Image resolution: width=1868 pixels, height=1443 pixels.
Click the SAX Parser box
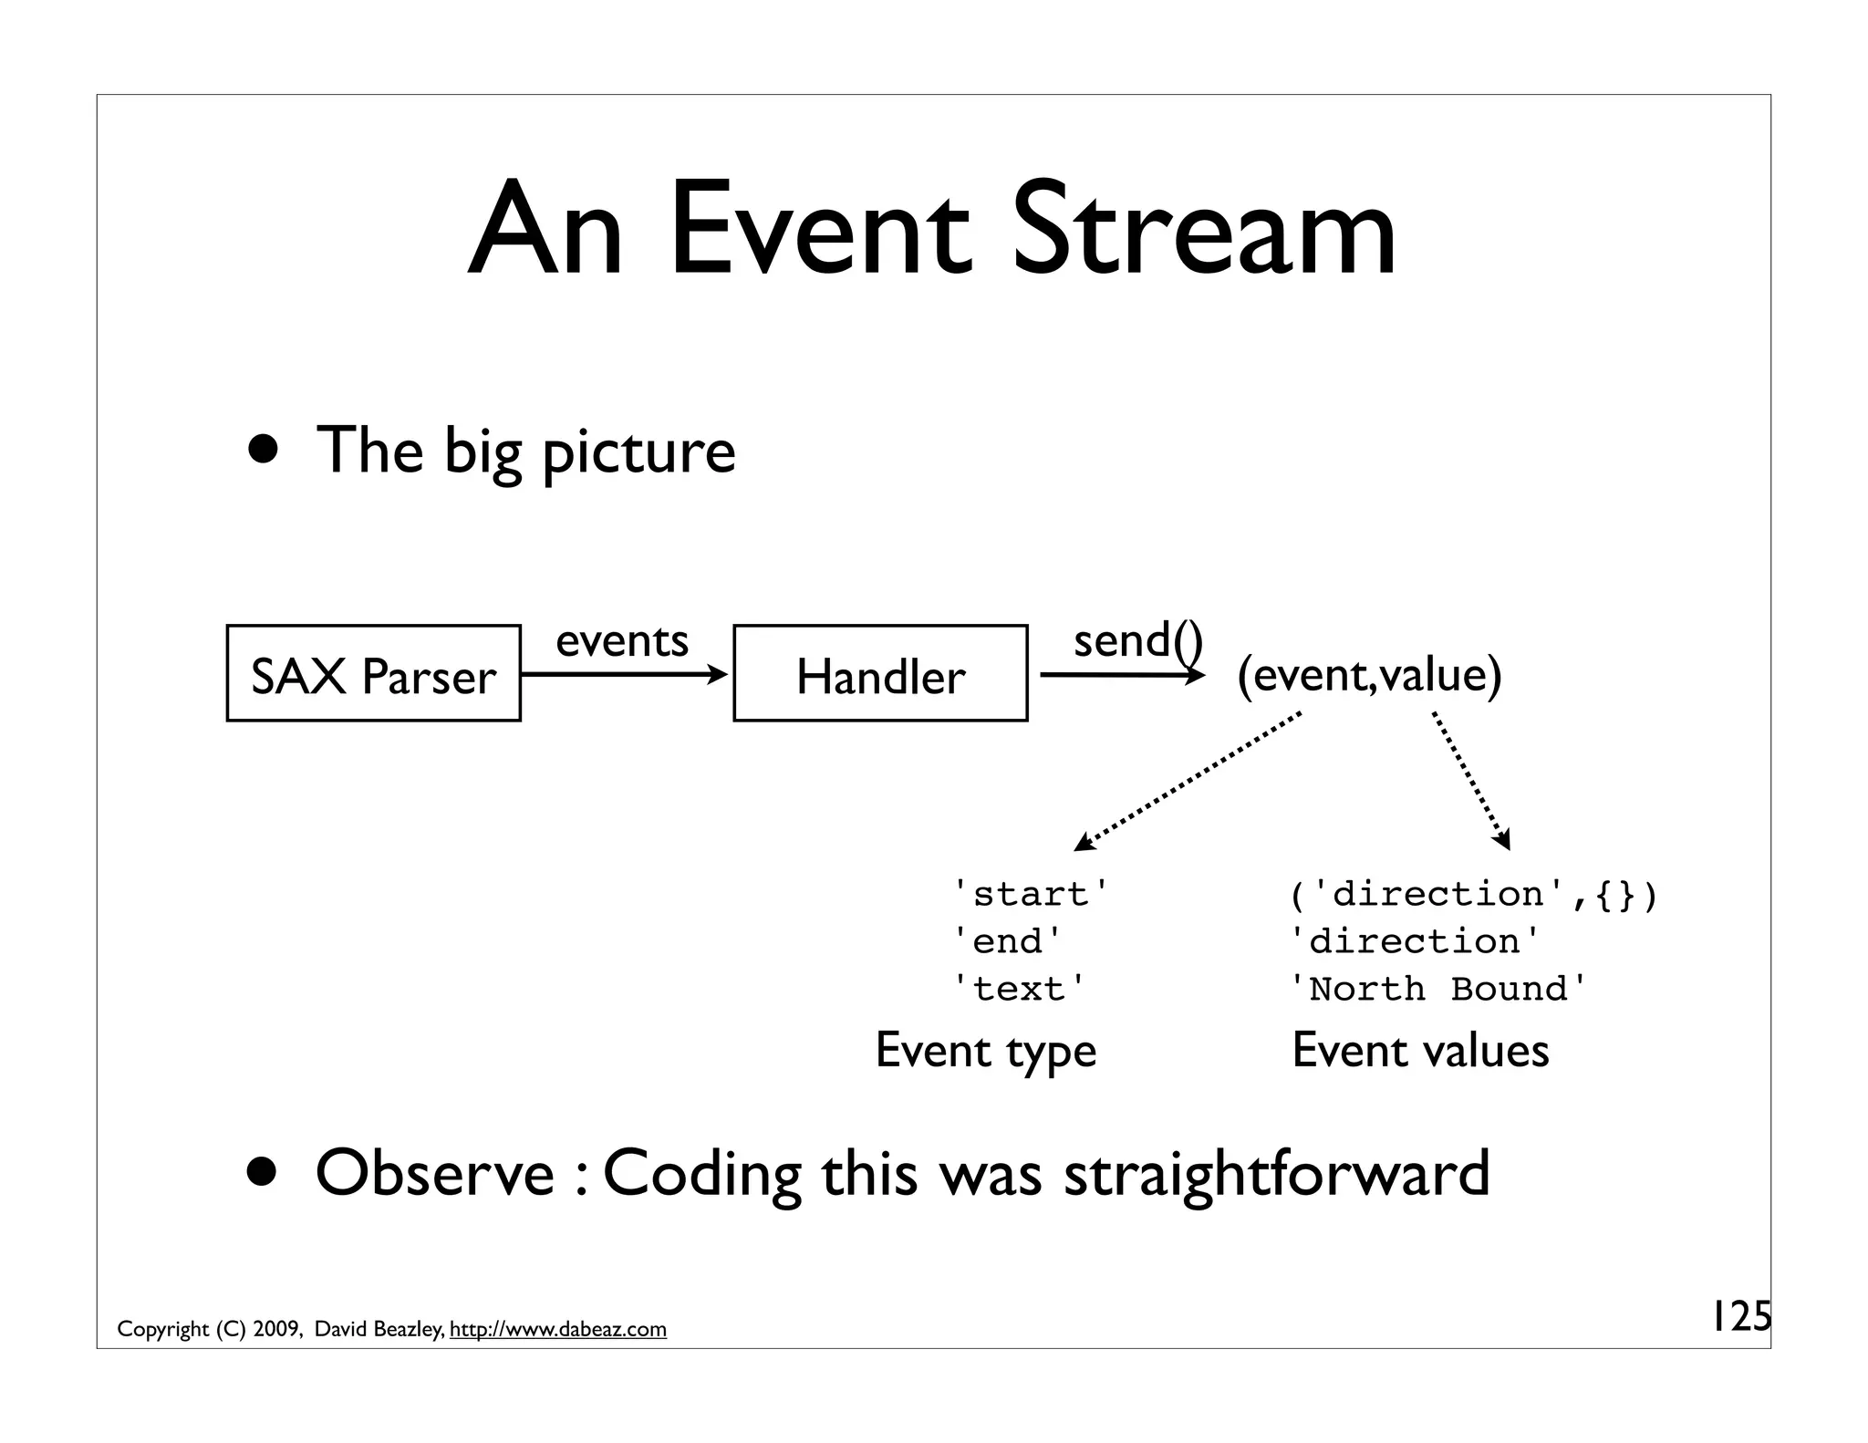click(373, 674)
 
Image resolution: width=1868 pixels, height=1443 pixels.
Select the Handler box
click(880, 674)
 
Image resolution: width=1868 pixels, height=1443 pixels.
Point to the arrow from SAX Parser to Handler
click(625, 675)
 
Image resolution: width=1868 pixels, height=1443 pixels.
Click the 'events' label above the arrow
click(622, 640)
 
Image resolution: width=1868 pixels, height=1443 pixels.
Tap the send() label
click(1137, 640)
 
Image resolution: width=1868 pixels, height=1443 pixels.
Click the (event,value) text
click(1369, 675)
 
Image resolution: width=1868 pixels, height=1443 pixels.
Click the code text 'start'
click(1032, 894)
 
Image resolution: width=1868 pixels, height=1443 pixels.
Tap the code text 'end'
click(1008, 941)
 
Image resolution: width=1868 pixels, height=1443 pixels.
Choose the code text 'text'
click(1020, 989)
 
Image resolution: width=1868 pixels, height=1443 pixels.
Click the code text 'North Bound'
click(1438, 989)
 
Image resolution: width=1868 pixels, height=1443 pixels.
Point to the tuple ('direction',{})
click(1473, 894)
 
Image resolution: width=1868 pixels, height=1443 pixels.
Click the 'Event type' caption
click(985, 1051)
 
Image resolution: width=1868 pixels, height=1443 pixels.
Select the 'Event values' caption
click(1420, 1051)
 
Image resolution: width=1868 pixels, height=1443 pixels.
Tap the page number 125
click(1739, 1317)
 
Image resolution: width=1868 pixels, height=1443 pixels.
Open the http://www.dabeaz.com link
click(558, 1330)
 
